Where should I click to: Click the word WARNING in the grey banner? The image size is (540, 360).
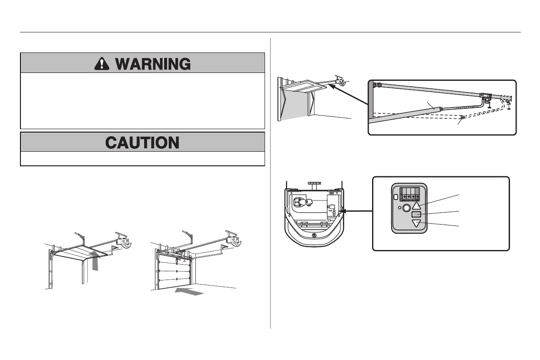coord(153,63)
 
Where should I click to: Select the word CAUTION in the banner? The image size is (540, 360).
coord(142,142)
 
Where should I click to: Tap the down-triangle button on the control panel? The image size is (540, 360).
coord(416,223)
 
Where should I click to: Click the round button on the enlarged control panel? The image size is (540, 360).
coord(406,207)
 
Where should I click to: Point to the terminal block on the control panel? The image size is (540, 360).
coord(409,194)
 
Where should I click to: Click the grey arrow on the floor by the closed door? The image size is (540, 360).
coord(190,291)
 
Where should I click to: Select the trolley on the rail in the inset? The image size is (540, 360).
coord(487,97)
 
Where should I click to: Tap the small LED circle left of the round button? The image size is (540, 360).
coord(400,207)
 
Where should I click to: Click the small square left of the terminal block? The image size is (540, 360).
coord(395,192)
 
